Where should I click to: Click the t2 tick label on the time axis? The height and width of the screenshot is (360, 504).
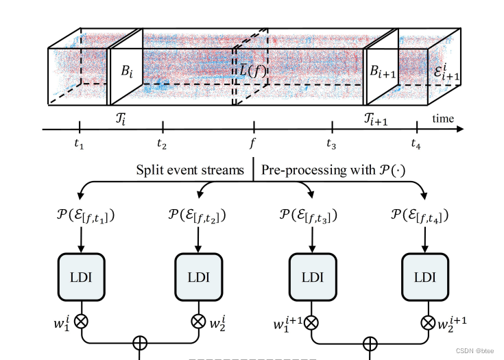pyautogui.click(x=162, y=144)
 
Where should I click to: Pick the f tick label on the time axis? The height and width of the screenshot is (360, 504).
pyautogui.click(x=254, y=145)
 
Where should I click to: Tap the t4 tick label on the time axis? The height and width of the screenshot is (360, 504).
pyautogui.click(x=416, y=144)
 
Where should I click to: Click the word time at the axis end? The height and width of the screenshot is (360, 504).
pyautogui.click(x=443, y=119)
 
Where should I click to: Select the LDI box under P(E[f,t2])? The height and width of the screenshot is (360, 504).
pyautogui.click(x=199, y=276)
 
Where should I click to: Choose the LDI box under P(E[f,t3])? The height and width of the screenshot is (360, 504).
pyautogui.click(x=312, y=276)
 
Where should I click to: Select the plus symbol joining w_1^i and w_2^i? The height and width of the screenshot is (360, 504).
pyautogui.click(x=140, y=341)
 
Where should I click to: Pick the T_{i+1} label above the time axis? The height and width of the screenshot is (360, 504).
pyautogui.click(x=375, y=119)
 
